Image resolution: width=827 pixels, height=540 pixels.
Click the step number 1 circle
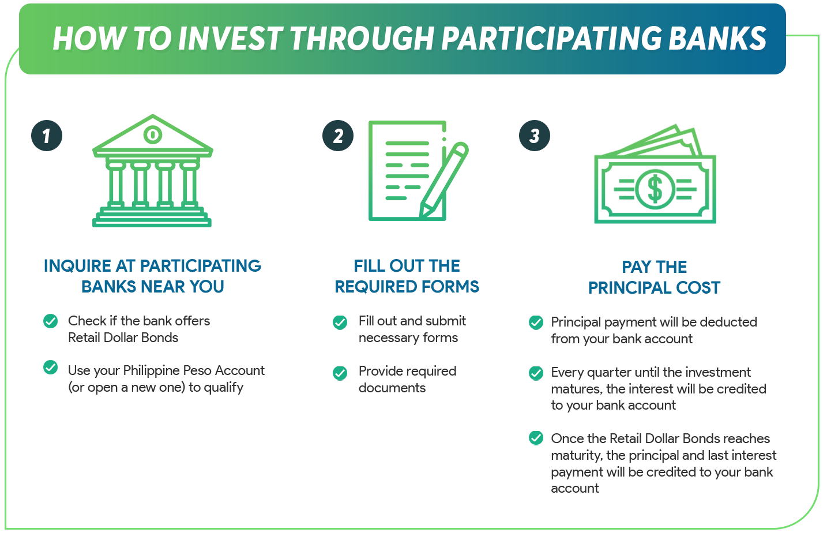[x=47, y=136]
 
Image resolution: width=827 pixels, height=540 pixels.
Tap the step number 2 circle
[x=338, y=136]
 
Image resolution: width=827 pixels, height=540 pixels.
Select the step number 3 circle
[x=535, y=136]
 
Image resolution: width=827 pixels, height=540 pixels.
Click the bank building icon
[x=152, y=171]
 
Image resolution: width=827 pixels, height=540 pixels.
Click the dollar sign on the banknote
[x=655, y=189]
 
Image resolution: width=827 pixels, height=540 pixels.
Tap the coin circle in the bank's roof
[x=152, y=135]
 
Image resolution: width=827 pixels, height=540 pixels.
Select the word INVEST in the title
[x=230, y=39]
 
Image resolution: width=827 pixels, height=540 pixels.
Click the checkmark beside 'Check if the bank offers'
[x=51, y=321]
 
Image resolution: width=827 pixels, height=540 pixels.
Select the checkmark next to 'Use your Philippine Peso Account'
[x=51, y=367]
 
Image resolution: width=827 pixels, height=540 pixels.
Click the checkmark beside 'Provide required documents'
[x=340, y=373]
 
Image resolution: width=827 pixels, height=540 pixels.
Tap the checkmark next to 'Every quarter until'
[x=536, y=373]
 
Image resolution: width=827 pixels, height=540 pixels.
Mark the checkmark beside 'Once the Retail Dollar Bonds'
[x=536, y=438]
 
